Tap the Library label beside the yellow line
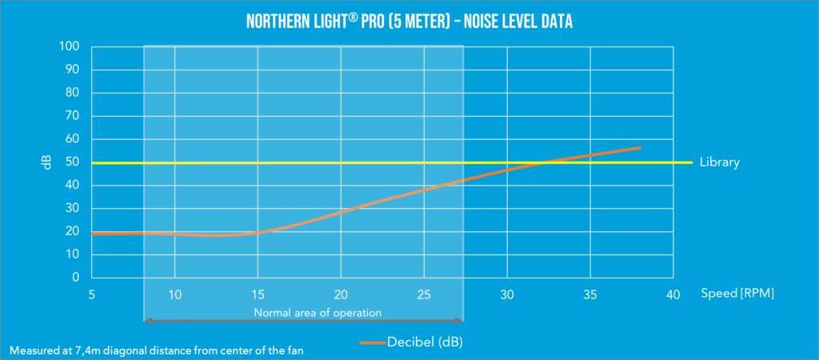720,162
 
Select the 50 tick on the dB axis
72,162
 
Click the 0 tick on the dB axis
75,278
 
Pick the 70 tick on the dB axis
72,116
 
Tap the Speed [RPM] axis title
737,294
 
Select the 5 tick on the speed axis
92,294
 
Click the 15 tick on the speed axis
258,294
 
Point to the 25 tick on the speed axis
424,294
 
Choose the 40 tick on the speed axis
673,294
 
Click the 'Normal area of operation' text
318,312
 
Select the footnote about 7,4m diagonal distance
146,350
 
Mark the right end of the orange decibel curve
640,147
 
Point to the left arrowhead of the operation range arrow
146,321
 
